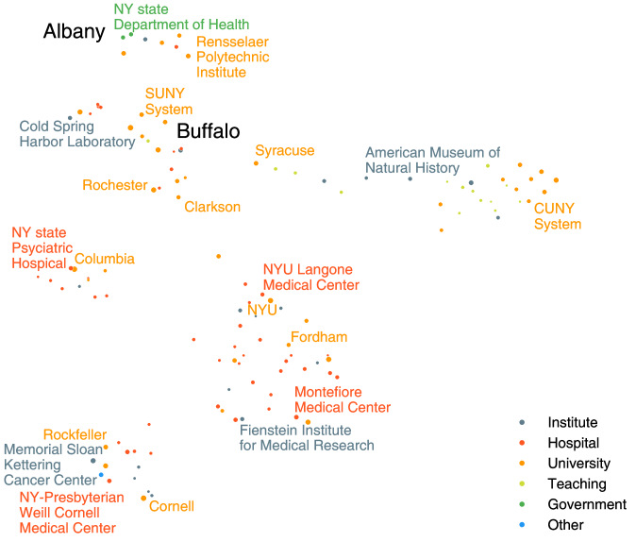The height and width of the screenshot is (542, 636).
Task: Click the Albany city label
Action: coord(74,32)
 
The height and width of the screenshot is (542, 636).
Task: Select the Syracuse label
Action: coord(284,151)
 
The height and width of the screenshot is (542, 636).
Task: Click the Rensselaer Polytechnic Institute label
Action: coord(232,57)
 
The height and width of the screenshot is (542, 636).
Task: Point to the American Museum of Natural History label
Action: coord(432,160)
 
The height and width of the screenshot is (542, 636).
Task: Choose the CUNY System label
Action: coord(557,215)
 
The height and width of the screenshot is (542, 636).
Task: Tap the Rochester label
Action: coord(114,185)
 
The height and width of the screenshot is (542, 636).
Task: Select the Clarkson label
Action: coord(212,207)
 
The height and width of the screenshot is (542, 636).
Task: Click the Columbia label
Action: coord(104,259)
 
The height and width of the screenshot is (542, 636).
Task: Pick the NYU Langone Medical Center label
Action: coord(310,277)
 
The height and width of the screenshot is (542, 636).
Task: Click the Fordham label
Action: coord(319,337)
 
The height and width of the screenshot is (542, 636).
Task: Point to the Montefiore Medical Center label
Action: coord(342,399)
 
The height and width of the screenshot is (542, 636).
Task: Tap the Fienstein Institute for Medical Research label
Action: coord(306,437)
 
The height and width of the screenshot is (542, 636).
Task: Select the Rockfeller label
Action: coord(75,434)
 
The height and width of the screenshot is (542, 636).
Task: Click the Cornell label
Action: coord(172,507)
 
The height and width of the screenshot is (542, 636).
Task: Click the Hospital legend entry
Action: coord(574,443)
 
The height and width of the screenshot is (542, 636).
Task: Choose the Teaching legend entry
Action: coord(577,483)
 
